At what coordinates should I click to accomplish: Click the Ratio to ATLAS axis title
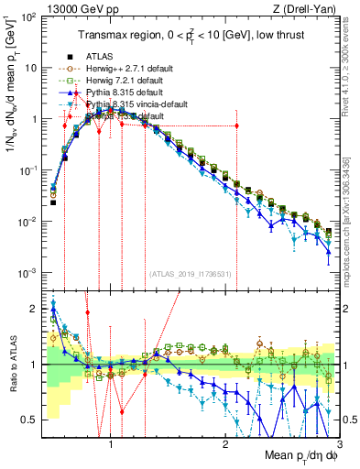coord(12,366)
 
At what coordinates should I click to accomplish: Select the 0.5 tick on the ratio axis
coord(29,420)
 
